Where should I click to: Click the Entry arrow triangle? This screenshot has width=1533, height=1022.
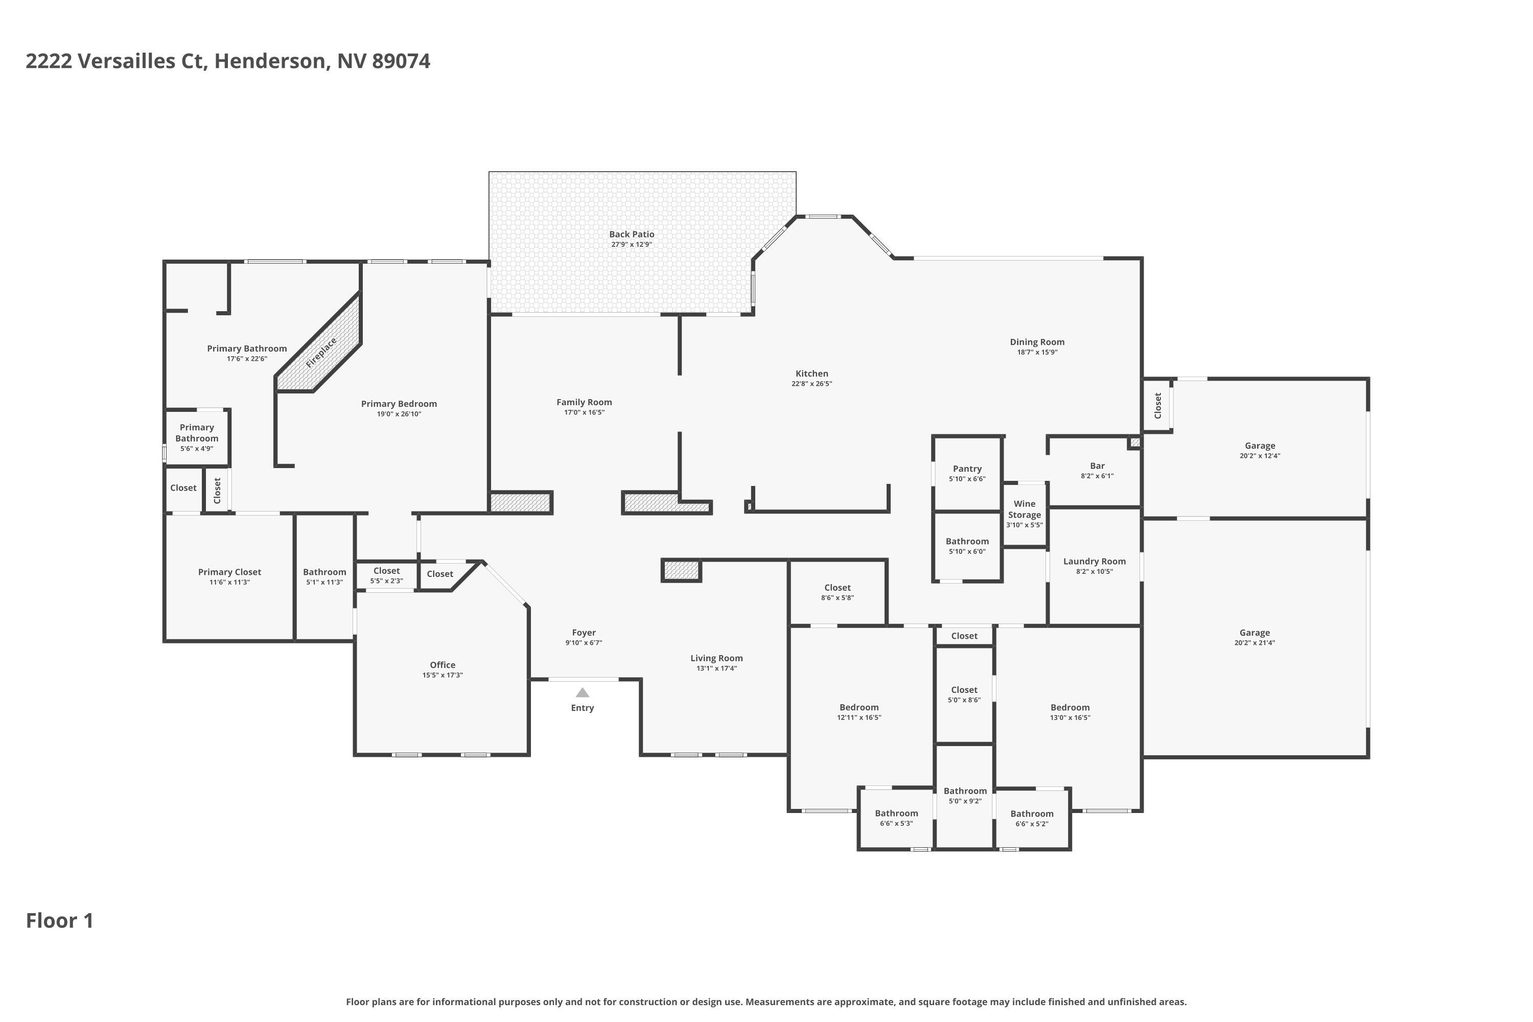click(x=582, y=693)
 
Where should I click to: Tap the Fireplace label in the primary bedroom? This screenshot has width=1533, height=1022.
click(x=321, y=353)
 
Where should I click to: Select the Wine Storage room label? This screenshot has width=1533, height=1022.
click(x=1024, y=509)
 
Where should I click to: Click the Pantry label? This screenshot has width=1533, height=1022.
click(x=967, y=469)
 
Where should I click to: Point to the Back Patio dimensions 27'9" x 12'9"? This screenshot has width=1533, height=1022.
click(x=632, y=244)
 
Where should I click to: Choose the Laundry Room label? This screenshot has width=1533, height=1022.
click(x=1095, y=561)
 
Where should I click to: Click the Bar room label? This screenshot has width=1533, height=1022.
click(x=1097, y=466)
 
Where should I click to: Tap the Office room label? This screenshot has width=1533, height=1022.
click(x=443, y=665)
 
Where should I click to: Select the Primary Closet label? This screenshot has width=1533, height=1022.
click(x=229, y=572)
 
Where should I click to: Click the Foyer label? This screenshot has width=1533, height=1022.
click(x=584, y=632)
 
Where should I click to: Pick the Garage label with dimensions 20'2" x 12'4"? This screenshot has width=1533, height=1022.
click(x=1260, y=446)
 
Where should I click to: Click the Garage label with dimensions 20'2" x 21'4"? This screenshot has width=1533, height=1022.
click(x=1255, y=632)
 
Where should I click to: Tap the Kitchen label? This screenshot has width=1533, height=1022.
click(x=811, y=374)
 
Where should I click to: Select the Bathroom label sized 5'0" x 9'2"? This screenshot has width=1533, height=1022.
click(x=965, y=791)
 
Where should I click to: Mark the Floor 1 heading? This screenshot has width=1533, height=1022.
click(x=60, y=921)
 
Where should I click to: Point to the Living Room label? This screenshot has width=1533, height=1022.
click(x=716, y=658)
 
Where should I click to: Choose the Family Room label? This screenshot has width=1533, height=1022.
click(x=584, y=402)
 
